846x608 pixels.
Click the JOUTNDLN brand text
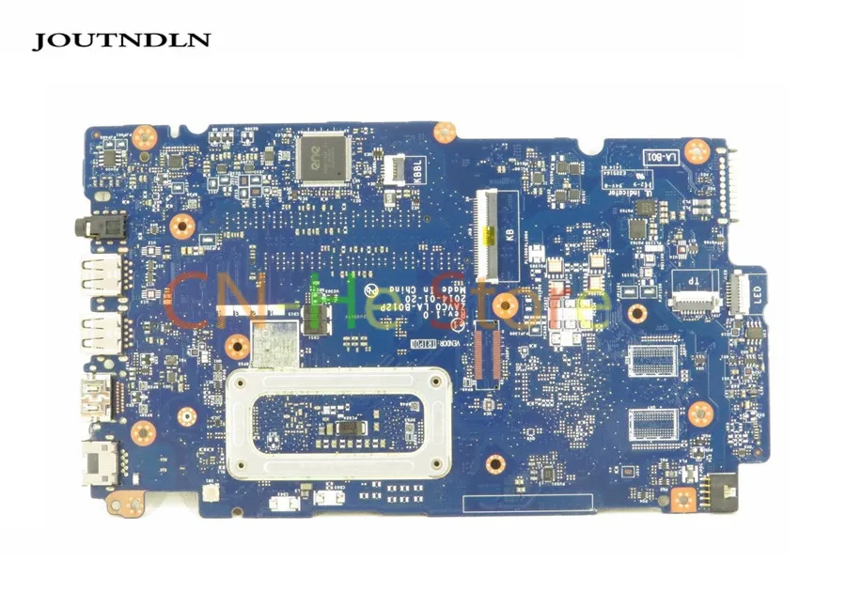tap(122, 40)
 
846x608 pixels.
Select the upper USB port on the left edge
tap(100, 275)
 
